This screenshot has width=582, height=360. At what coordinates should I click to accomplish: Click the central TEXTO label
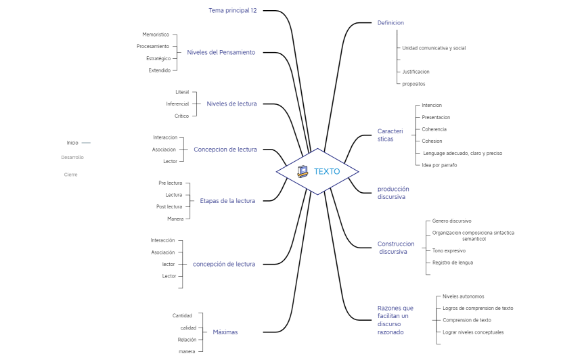(327, 171)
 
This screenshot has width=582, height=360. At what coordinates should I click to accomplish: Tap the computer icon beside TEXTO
(303, 171)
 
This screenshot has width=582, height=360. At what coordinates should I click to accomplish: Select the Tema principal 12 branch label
(232, 10)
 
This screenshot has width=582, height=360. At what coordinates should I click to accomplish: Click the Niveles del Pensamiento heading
(221, 52)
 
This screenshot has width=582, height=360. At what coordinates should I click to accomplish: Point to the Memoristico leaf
(156, 35)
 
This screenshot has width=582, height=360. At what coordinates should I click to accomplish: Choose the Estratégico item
(158, 58)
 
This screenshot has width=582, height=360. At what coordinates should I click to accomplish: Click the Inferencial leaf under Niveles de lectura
(177, 104)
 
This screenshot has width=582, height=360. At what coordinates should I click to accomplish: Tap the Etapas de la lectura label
(227, 201)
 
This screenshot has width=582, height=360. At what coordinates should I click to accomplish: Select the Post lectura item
(169, 206)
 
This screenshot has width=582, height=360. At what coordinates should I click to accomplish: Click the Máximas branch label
(225, 332)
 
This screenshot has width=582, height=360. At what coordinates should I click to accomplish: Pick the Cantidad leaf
(182, 316)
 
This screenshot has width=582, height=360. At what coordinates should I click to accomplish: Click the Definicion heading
(390, 22)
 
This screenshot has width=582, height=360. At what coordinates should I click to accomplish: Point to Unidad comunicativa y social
(434, 48)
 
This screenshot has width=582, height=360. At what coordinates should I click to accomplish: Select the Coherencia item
(434, 129)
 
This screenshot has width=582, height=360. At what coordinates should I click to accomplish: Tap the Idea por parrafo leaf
(439, 165)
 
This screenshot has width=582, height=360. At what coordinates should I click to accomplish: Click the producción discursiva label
(393, 193)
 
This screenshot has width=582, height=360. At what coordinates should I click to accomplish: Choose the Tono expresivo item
(449, 251)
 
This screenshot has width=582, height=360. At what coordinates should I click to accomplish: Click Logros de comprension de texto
(478, 308)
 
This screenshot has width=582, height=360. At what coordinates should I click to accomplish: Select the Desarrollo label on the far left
(72, 158)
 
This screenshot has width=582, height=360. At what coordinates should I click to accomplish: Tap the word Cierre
(70, 175)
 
